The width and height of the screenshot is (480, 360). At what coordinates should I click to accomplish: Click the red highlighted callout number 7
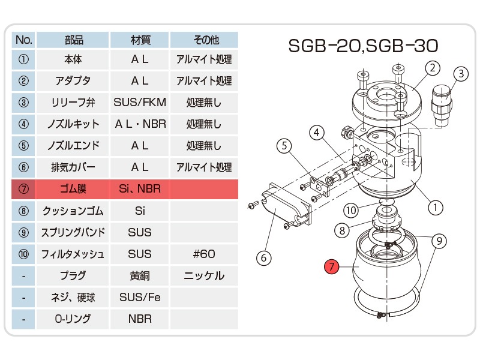[x=332, y=266]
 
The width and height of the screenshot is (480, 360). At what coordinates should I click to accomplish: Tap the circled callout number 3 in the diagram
[x=461, y=74]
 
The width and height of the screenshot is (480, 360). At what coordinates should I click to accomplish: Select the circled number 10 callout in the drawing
[x=351, y=211]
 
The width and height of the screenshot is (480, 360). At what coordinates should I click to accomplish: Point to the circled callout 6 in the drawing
[x=263, y=258]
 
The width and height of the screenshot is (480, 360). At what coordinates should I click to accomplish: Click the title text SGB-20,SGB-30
[x=363, y=46]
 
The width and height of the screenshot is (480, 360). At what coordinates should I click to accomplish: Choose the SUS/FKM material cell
[x=140, y=102]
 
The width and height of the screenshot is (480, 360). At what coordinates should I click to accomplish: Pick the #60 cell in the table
[x=204, y=254]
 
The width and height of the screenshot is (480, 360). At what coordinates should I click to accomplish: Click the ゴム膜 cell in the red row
[x=73, y=189]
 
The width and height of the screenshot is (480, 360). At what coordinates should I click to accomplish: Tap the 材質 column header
[x=140, y=40]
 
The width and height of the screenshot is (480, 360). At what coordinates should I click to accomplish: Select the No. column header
[x=23, y=40]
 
